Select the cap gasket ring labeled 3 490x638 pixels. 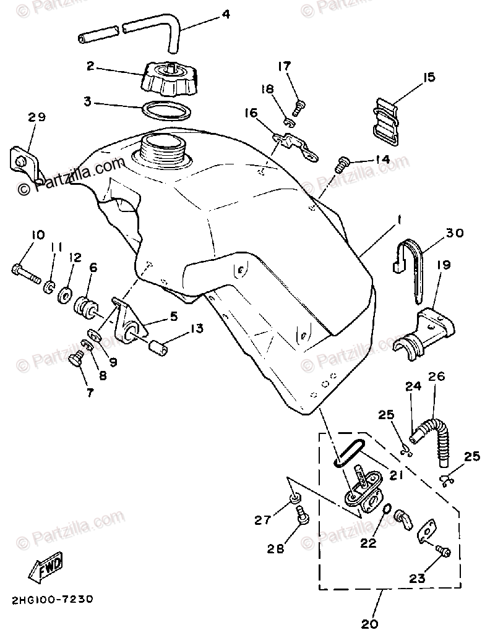[x=165, y=111]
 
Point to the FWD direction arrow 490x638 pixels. [x=46, y=568]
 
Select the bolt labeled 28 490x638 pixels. [x=303, y=514]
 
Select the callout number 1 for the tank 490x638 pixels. [x=400, y=219]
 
